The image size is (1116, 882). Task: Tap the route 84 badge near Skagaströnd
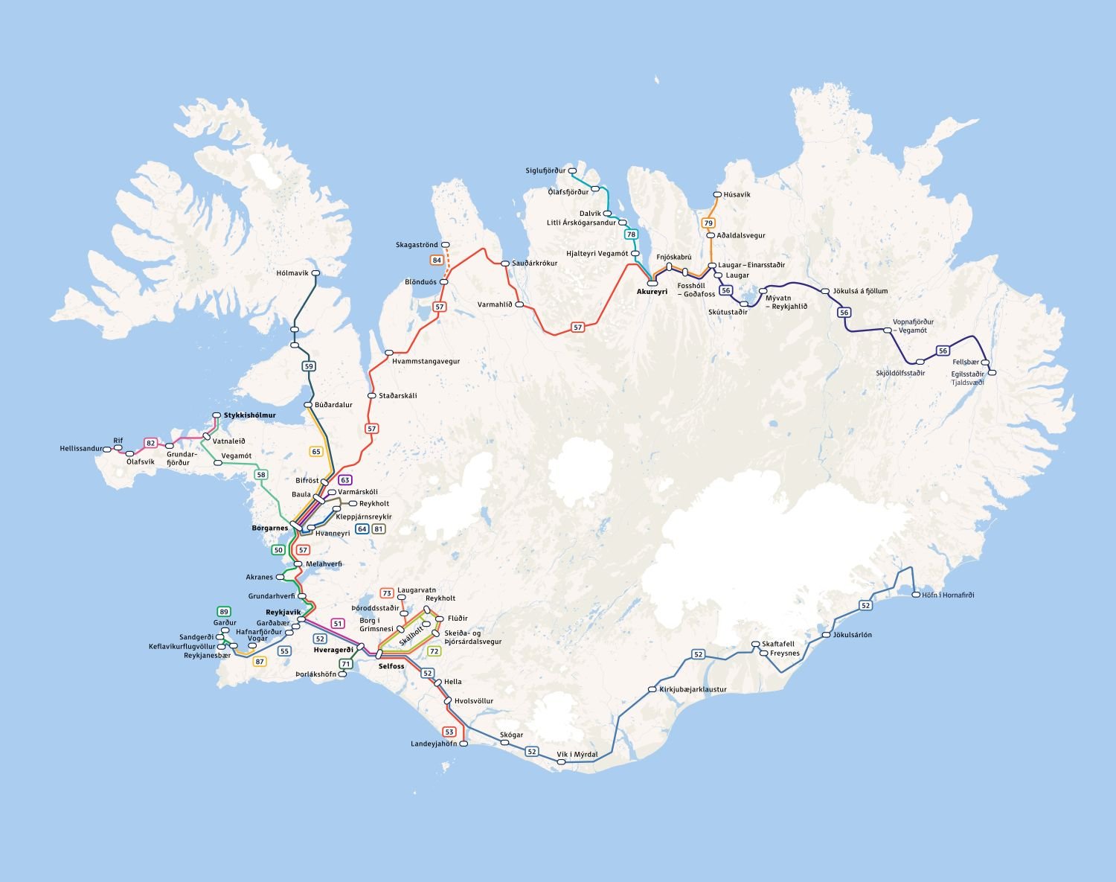click(x=437, y=260)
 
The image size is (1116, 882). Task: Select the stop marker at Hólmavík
click(x=315, y=273)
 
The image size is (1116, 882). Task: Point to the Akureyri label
click(x=652, y=292)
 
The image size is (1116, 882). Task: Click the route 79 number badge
click(x=708, y=223)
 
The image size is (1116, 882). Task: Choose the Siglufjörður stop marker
click(x=573, y=170)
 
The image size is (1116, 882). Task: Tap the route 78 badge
click(x=631, y=234)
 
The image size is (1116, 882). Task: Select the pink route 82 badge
click(x=151, y=443)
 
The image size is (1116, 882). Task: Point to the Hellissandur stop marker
click(x=107, y=449)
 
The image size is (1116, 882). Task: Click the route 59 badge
click(x=309, y=365)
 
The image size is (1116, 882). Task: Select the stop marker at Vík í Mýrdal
click(x=561, y=761)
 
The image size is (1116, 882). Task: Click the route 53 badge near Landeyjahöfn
click(x=449, y=732)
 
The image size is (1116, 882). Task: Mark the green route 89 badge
click(x=223, y=611)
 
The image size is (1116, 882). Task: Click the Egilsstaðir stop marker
click(x=991, y=372)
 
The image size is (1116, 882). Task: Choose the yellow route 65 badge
click(x=316, y=451)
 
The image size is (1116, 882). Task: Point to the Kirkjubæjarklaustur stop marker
click(x=652, y=689)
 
